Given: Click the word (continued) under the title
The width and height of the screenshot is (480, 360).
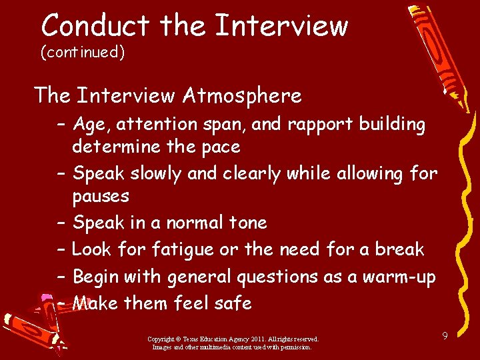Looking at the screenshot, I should [83, 52].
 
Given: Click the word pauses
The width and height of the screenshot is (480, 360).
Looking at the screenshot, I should [101, 196].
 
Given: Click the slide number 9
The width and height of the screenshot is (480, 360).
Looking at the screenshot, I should [445, 335].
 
